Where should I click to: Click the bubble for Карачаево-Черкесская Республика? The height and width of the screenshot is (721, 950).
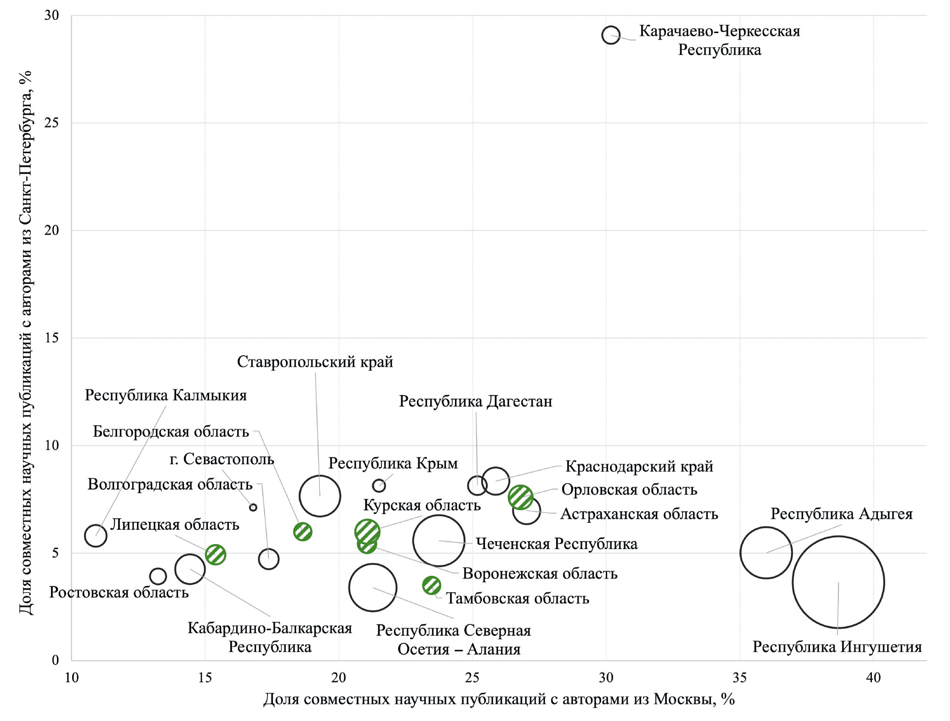point(611,35)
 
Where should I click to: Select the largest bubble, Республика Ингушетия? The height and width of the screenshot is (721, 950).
point(838,582)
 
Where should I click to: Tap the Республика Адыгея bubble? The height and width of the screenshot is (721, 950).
point(766,552)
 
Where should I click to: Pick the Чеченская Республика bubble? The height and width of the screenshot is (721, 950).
point(438,541)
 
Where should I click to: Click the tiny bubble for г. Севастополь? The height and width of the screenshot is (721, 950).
point(253,507)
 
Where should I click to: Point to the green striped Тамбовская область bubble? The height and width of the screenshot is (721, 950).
point(431,585)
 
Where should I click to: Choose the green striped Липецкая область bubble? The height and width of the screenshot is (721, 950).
point(216,554)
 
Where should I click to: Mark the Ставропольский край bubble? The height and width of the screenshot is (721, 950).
point(319,496)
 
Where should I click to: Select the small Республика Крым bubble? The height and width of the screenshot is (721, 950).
point(379,485)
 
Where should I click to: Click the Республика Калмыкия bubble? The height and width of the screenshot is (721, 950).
point(96,536)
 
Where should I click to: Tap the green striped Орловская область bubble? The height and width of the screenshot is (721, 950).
point(520,497)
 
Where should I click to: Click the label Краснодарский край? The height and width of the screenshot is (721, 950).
point(639,466)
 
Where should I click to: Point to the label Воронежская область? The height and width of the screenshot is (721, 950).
point(540,573)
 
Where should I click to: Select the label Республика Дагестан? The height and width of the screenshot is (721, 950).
point(475,401)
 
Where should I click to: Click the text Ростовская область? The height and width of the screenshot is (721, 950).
point(119,592)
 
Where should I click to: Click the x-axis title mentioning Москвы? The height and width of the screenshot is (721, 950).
point(499,699)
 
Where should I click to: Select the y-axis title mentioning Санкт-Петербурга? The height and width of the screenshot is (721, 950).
point(26,342)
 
